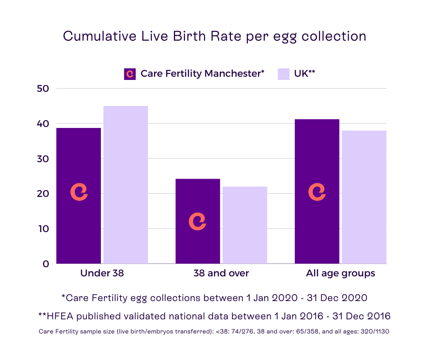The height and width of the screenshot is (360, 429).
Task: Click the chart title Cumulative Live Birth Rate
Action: [x=214, y=37]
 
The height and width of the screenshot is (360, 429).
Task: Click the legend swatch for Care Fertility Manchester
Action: [x=130, y=74]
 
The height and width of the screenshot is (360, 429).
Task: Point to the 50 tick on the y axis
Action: [x=43, y=89]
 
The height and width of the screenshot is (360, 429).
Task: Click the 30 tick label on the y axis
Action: [x=43, y=159]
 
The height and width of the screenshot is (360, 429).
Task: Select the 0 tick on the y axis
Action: [x=46, y=264]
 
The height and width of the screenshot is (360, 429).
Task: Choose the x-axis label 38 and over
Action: [x=221, y=274]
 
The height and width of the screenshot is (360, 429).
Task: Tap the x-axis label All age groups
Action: [x=340, y=274]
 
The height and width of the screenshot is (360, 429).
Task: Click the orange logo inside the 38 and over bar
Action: [x=197, y=221]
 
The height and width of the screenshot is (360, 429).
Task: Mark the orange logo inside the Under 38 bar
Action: [x=78, y=192]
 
